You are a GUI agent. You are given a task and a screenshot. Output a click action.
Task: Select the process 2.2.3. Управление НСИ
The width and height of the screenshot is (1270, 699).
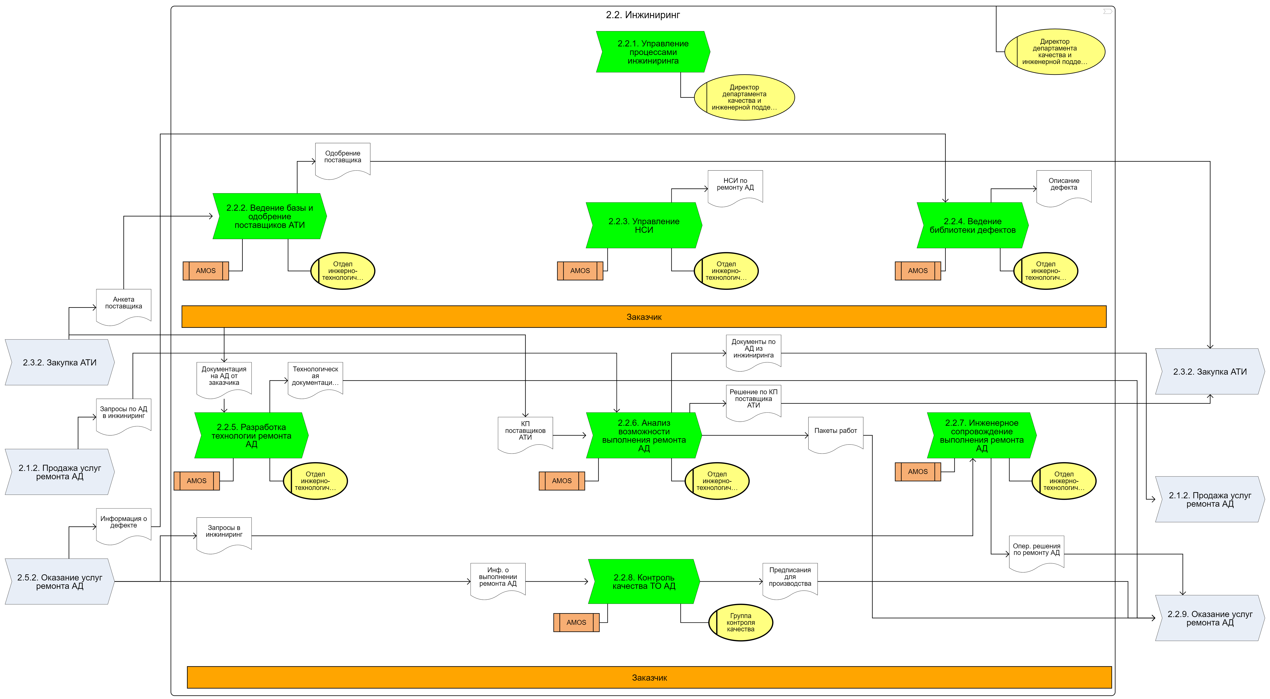click(x=644, y=225)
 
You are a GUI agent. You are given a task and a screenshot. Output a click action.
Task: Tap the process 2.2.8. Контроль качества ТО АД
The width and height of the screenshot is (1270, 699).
click(x=644, y=582)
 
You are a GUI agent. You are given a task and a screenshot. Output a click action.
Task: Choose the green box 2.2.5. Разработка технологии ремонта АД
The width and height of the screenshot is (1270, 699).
click(x=252, y=436)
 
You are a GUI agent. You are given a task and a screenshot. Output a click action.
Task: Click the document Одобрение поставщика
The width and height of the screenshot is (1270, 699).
click(x=343, y=161)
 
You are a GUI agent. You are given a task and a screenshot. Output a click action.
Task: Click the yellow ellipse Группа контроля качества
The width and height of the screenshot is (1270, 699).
click(x=740, y=623)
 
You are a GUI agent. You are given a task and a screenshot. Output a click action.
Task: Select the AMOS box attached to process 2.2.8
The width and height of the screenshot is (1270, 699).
click(x=576, y=623)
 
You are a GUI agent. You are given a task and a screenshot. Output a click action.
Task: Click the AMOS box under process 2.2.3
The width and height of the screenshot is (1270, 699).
click(x=580, y=271)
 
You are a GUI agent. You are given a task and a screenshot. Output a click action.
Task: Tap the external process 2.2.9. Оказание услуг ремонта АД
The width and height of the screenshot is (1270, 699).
click(x=1210, y=618)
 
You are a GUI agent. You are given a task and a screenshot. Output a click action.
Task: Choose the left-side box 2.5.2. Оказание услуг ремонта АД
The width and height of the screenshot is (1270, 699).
click(x=60, y=582)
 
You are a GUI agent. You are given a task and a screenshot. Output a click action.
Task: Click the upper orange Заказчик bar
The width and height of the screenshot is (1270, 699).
click(x=644, y=317)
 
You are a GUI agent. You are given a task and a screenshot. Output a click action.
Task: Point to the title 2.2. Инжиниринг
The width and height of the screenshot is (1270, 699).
click(x=643, y=15)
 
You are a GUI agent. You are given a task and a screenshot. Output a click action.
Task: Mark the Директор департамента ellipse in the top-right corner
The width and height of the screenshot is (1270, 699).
click(x=1055, y=52)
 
